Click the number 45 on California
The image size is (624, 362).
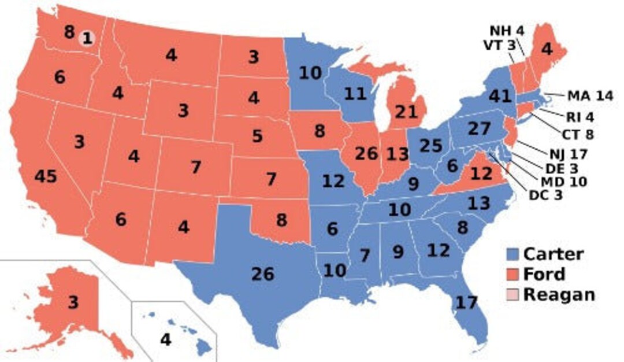point(46,176)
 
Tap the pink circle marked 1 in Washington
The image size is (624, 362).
point(87,39)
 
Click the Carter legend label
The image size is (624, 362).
point(554,254)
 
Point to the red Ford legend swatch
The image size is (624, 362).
point(512,274)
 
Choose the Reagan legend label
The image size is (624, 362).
point(559,294)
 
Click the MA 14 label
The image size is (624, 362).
point(589,96)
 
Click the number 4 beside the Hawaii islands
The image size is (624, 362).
point(166,340)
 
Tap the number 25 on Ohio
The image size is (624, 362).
point(430,146)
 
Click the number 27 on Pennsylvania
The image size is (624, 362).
point(478,128)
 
